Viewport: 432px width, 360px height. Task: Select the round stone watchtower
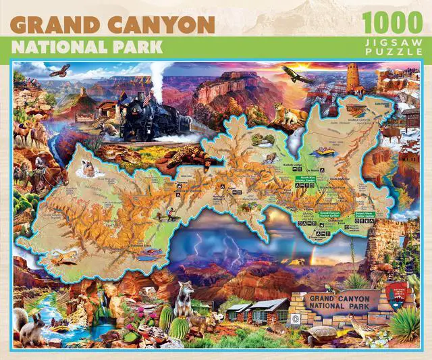click(x=353, y=80)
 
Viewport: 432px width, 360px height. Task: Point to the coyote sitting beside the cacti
click(x=184, y=298)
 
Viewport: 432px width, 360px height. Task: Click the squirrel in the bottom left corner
click(x=30, y=327)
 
